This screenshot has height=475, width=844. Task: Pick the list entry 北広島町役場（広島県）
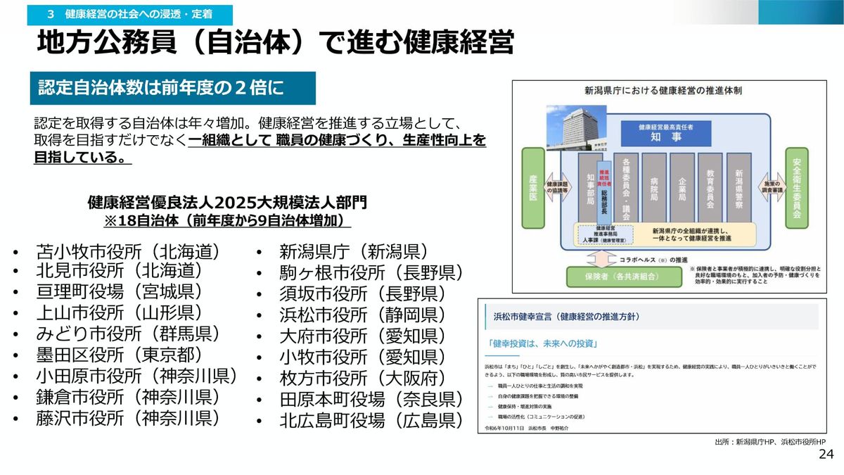pyautogui.click(x=371, y=421)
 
